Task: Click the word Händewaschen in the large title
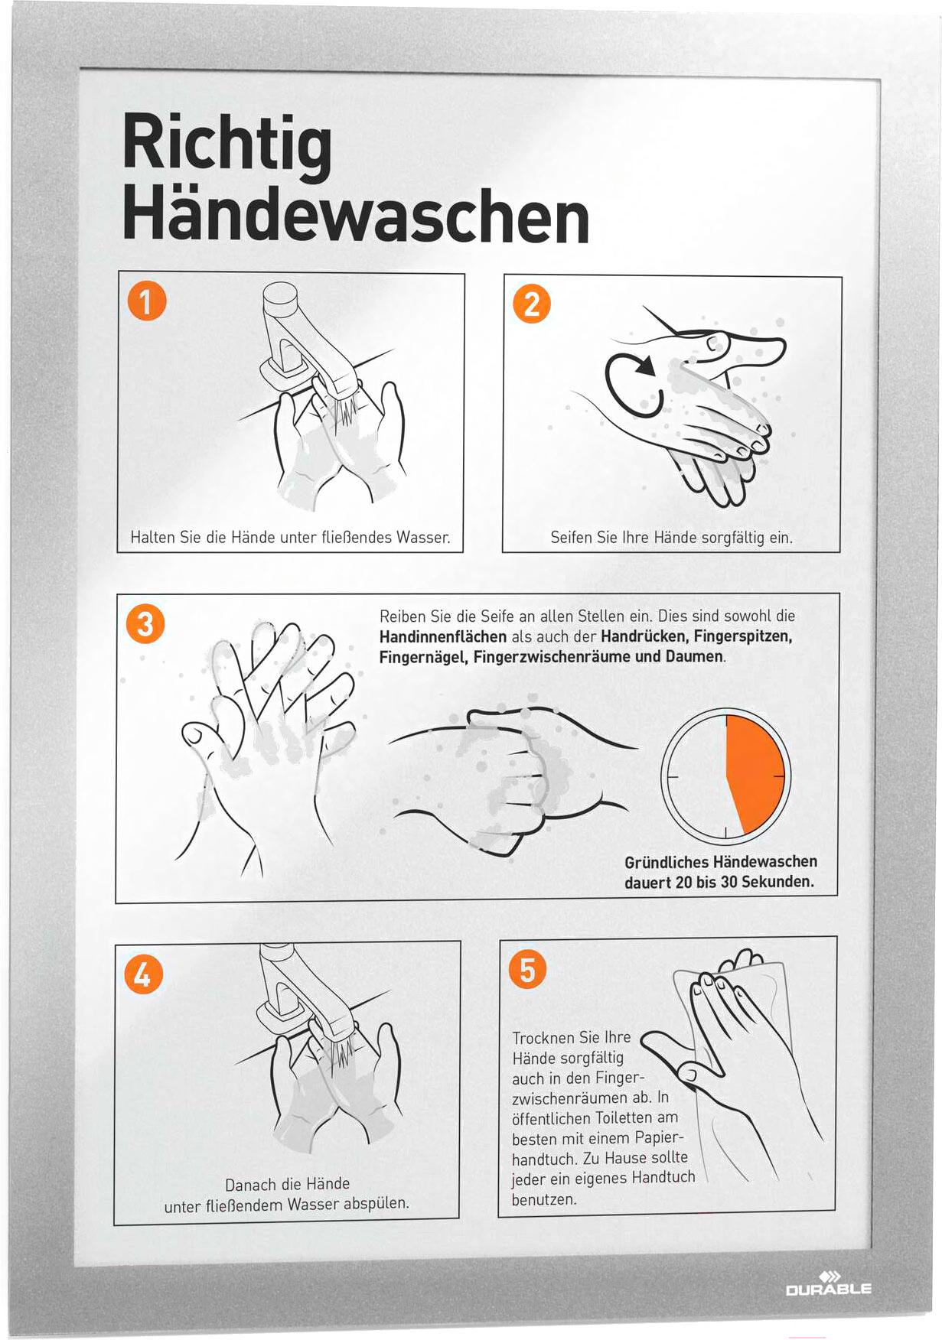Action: tap(356, 216)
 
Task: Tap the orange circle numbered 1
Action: tap(148, 300)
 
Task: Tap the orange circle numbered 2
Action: tap(532, 304)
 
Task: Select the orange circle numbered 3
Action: tap(145, 623)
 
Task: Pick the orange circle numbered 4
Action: tap(143, 974)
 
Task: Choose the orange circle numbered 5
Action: tap(527, 970)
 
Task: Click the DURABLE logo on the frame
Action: tap(828, 1283)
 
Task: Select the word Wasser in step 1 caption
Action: tap(423, 537)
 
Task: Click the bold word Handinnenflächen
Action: tap(443, 636)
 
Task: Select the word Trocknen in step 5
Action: tap(544, 1037)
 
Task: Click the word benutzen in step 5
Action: tap(544, 1199)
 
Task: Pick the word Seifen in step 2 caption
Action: tap(571, 538)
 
